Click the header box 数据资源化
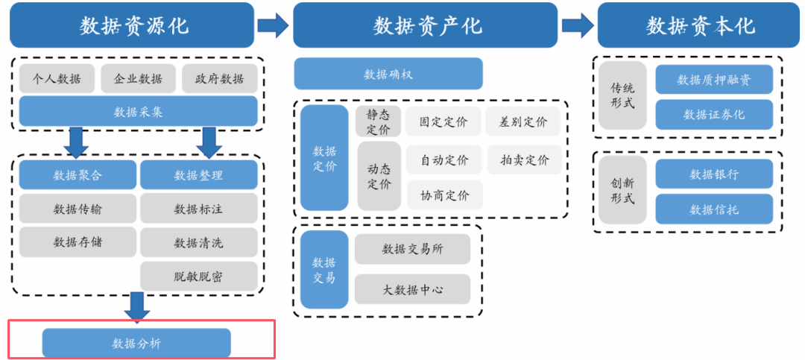[x=134, y=25]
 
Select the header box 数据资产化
[x=426, y=25]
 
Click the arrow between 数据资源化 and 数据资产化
[x=273, y=25]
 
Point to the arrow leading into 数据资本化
[x=578, y=25]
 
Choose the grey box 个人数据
[x=57, y=78]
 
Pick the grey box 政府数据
[x=219, y=78]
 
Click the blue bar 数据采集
[x=138, y=112]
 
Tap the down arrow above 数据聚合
[x=77, y=142]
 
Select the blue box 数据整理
[x=198, y=175]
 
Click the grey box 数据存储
[x=78, y=241]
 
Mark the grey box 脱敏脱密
[x=198, y=276]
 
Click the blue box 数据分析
[x=136, y=343]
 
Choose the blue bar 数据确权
[x=388, y=74]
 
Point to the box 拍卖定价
[x=525, y=160]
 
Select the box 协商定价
[x=444, y=195]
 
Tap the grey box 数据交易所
[x=412, y=249]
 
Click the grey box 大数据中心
[x=412, y=289]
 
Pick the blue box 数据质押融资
[x=714, y=80]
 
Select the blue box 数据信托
[x=714, y=209]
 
